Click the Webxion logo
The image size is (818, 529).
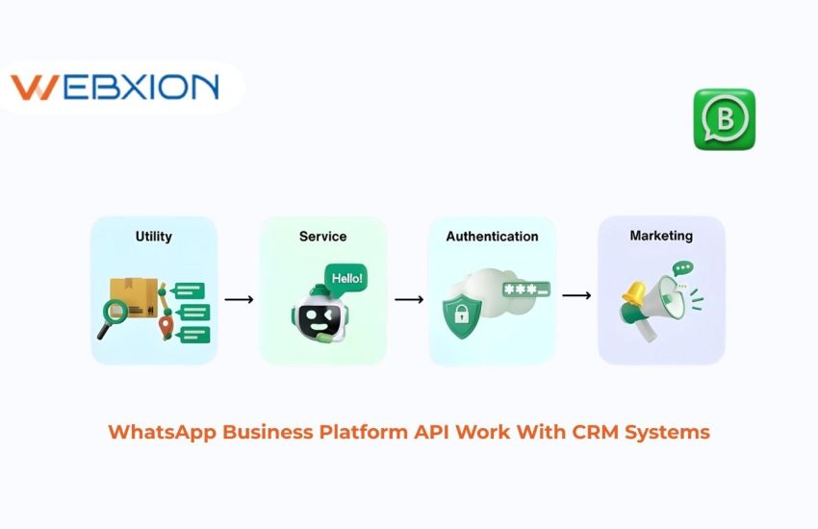(x=115, y=88)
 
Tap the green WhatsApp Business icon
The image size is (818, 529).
(x=724, y=119)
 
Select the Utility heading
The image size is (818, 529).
(x=154, y=235)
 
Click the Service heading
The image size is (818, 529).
(x=322, y=236)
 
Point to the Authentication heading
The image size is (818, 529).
(x=492, y=236)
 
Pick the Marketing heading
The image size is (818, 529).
(x=661, y=235)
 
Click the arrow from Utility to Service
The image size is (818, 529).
(x=239, y=299)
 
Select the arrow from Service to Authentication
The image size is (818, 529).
(x=409, y=299)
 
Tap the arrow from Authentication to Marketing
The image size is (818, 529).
(x=576, y=295)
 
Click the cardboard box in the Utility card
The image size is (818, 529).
(x=134, y=294)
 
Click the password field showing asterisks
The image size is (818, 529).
(x=525, y=288)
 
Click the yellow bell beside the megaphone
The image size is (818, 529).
(x=634, y=292)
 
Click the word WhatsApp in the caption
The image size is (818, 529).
(x=162, y=432)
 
